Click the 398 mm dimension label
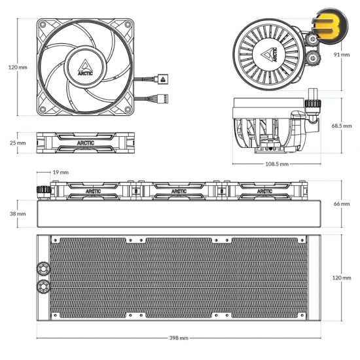click(x=179, y=338)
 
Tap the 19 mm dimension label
click(x=61, y=172)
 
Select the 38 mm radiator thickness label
click(x=18, y=214)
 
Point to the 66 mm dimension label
click(x=342, y=204)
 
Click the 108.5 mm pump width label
click(x=277, y=164)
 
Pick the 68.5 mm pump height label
click(x=342, y=126)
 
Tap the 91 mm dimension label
click(x=342, y=54)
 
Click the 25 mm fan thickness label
click(x=18, y=143)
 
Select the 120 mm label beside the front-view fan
click(x=18, y=67)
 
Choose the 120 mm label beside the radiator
click(x=342, y=278)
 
